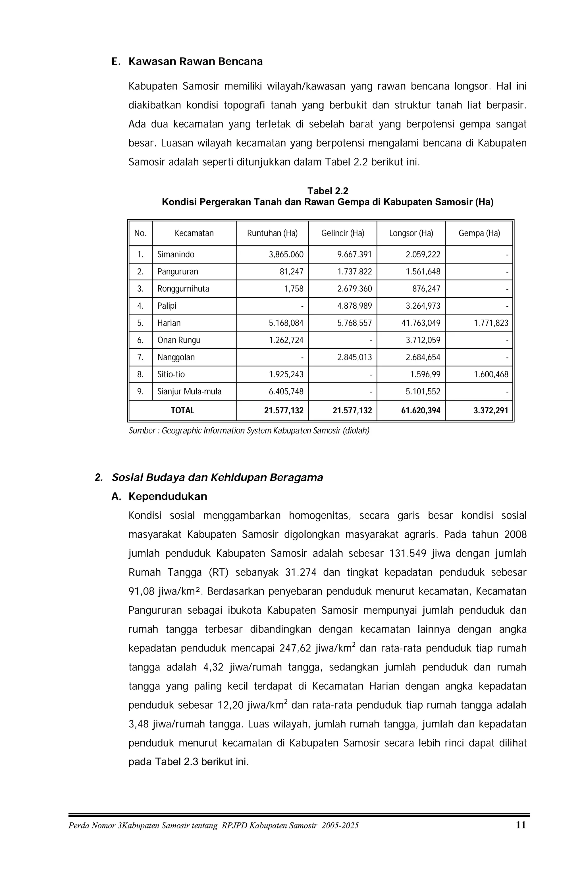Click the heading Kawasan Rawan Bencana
click(195, 61)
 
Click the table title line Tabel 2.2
click(327, 191)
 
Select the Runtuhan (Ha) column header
click(272, 233)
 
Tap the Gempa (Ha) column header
click(479, 233)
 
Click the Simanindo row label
click(175, 255)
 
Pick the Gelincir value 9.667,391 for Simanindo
click(354, 255)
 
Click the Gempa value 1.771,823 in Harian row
click(491, 323)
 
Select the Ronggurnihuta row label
click(183, 289)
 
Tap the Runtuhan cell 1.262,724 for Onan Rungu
click(286, 340)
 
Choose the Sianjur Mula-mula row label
click(189, 392)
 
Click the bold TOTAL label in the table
click(182, 410)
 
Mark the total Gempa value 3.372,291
click(490, 410)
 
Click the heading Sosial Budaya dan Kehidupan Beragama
click(217, 477)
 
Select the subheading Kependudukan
click(168, 496)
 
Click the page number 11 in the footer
click(521, 825)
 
